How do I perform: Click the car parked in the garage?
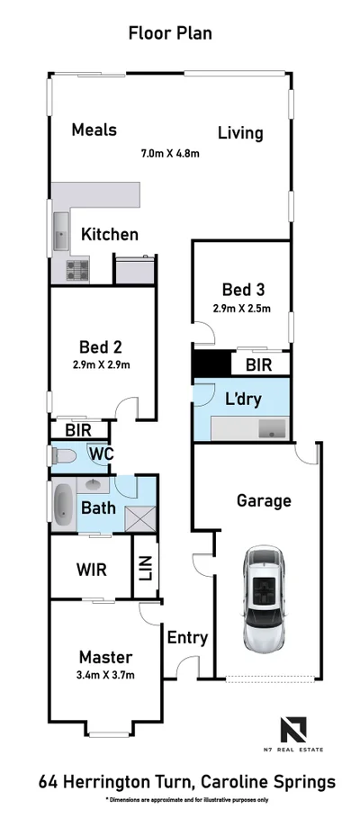click(263, 599)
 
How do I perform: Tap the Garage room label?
click(263, 500)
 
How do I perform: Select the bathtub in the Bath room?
click(62, 506)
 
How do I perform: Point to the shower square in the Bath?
click(139, 517)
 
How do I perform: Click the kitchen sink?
click(60, 233)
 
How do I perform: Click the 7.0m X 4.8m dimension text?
click(169, 153)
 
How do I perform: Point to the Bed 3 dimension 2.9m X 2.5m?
click(242, 309)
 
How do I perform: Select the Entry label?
click(187, 638)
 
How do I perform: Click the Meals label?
click(94, 130)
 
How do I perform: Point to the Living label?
click(240, 133)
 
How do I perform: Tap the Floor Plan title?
click(169, 34)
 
